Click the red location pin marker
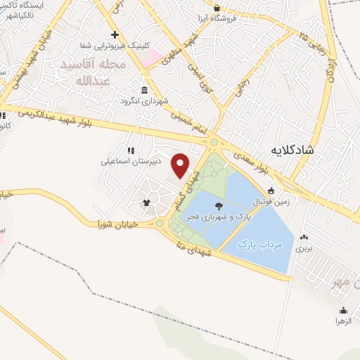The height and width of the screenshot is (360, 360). (x=181, y=165)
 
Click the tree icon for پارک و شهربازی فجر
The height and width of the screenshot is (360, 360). (x=219, y=206)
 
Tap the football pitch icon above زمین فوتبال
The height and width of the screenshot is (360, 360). (x=272, y=191)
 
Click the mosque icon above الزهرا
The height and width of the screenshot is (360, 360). (x=343, y=310)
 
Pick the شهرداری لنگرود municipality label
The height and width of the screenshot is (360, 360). (x=146, y=100)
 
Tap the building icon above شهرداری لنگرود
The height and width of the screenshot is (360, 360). (x=144, y=90)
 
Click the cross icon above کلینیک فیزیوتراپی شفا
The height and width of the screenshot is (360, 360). (x=115, y=34)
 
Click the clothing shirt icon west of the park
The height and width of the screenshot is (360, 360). (x=146, y=203)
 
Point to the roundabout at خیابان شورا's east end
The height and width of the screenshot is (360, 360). (x=160, y=224)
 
